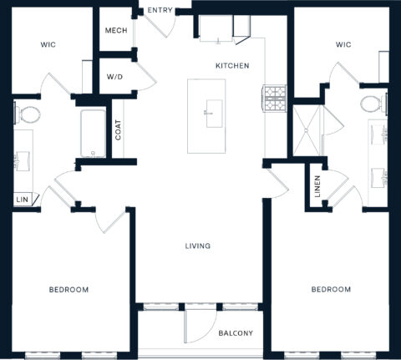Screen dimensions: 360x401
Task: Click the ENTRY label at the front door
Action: pyautogui.click(x=159, y=10)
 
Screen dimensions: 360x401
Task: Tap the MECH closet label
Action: pyautogui.click(x=115, y=31)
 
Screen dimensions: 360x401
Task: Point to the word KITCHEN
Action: pyautogui.click(x=232, y=66)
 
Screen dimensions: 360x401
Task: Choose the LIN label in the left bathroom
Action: pyautogui.click(x=21, y=199)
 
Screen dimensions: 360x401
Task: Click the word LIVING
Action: pyautogui.click(x=198, y=246)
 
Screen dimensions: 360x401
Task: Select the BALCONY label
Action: pyautogui.click(x=236, y=333)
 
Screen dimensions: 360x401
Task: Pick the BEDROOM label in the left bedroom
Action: pyautogui.click(x=69, y=290)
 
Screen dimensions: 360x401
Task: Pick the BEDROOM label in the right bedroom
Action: pyautogui.click(x=331, y=290)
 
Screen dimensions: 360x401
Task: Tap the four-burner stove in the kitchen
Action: pyautogui.click(x=275, y=98)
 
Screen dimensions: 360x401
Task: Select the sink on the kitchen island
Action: pyautogui.click(x=211, y=109)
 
